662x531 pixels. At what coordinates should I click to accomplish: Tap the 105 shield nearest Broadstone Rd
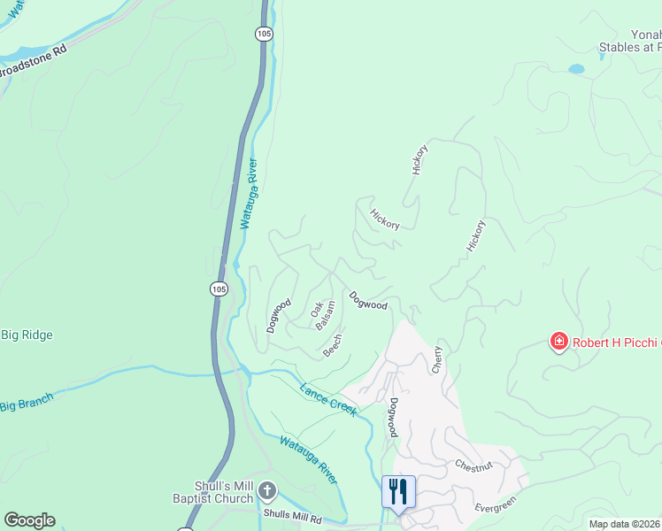point(263,34)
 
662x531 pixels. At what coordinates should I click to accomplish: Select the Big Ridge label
point(27,335)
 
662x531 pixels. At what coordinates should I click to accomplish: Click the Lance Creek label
point(327,398)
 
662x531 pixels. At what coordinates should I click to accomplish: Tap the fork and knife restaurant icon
point(398,491)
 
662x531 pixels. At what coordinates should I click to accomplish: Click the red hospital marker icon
point(558,341)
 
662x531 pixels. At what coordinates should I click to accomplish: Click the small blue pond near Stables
point(576,68)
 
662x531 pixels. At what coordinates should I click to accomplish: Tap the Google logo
point(29,519)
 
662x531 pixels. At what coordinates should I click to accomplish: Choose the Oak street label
point(315,309)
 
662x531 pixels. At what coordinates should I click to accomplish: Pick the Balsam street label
point(326,315)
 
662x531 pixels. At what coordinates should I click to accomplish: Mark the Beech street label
point(332,345)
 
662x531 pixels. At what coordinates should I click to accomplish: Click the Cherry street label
point(436,359)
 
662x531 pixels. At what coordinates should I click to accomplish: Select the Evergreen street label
point(495,503)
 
